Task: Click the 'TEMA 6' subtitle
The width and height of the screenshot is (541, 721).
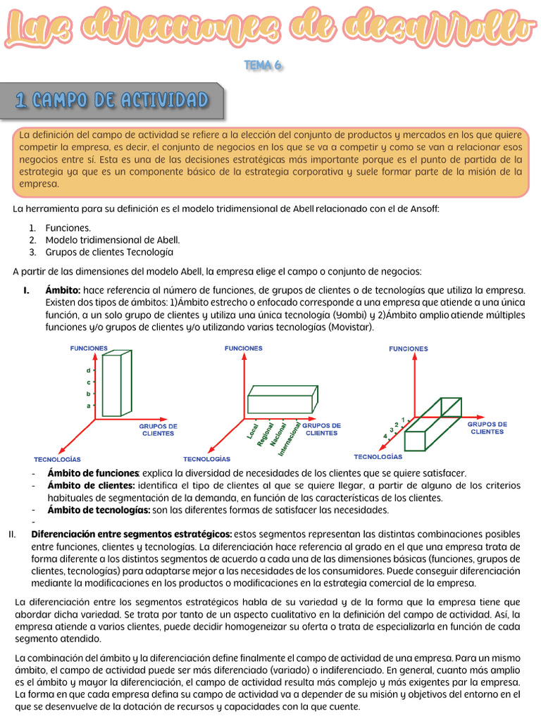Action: [263, 65]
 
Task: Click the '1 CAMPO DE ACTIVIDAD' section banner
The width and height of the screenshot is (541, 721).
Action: [113, 101]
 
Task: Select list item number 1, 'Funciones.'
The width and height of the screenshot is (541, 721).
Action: [68, 227]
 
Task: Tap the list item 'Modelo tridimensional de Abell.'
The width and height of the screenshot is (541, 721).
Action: [113, 239]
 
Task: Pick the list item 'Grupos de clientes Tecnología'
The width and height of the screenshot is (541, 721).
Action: [109, 251]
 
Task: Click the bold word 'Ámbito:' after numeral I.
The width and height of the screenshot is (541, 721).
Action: [63, 290]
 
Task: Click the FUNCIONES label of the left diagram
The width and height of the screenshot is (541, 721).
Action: [89, 348]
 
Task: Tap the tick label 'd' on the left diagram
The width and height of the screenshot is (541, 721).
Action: [88, 370]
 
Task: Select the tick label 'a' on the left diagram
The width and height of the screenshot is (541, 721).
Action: [88, 406]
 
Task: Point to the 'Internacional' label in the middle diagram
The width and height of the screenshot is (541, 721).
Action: [290, 438]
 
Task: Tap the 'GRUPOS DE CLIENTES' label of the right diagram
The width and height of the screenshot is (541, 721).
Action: [487, 428]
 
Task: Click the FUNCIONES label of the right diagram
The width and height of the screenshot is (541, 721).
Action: [408, 349]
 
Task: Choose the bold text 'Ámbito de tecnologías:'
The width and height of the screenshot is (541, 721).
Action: [99, 510]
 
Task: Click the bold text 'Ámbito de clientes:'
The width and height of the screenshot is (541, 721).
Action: [91, 485]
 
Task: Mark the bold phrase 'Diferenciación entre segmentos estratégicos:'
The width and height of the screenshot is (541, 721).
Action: [132, 534]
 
